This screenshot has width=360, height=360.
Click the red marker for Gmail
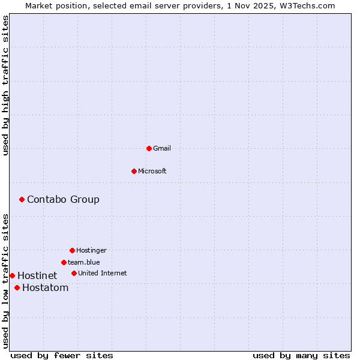pyautogui.click(x=149, y=148)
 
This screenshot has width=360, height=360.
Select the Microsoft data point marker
pyautogui.click(x=134, y=171)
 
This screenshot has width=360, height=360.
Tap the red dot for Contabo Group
pyautogui.click(x=22, y=199)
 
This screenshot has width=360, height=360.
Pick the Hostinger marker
pyautogui.click(x=72, y=250)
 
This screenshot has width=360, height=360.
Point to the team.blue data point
pyautogui.click(x=64, y=262)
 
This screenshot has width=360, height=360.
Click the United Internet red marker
pyautogui.click(x=74, y=273)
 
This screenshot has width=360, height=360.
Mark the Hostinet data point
pyautogui.click(x=12, y=275)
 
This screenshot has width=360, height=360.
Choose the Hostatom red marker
pyautogui.click(x=17, y=287)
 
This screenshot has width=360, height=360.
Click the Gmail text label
pyautogui.click(x=162, y=148)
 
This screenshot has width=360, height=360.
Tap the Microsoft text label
pyautogui.click(x=152, y=171)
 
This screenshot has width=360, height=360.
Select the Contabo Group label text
pyautogui.click(x=63, y=199)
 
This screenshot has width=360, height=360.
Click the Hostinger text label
pyautogui.click(x=91, y=250)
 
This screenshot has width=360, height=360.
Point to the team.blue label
pyautogui.click(x=84, y=262)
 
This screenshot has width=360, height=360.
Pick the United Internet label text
pyautogui.click(x=103, y=273)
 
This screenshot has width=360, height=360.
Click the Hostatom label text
pyautogui.click(x=45, y=287)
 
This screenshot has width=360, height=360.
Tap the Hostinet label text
pyautogui.click(x=37, y=275)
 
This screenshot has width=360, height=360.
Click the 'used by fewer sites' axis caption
pyautogui.click(x=62, y=355)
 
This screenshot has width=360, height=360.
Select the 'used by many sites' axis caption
pyautogui.click(x=301, y=355)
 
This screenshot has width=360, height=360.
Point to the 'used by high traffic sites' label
pyautogui.click(x=5, y=85)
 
